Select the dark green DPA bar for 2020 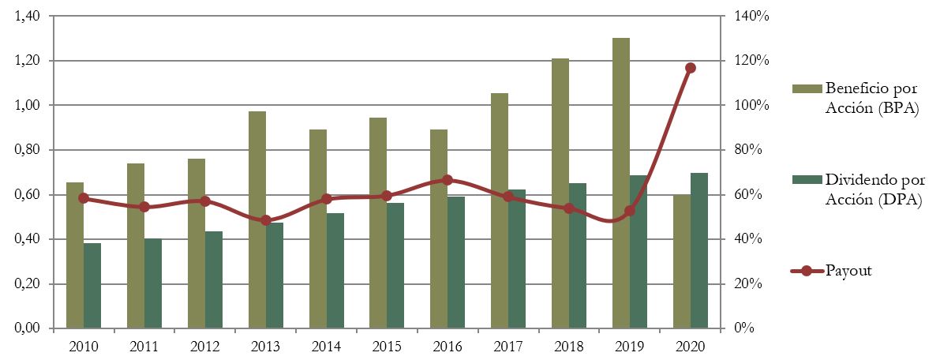(x=699, y=250)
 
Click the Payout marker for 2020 (x=691, y=68)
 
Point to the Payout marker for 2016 (x=448, y=180)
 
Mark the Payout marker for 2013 (x=265, y=220)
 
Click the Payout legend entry (x=848, y=271)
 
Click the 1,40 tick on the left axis (x=29, y=16)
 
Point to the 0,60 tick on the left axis (x=29, y=194)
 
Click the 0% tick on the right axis (x=743, y=328)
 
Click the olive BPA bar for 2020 (x=681, y=261)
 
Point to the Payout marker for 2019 (x=630, y=211)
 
